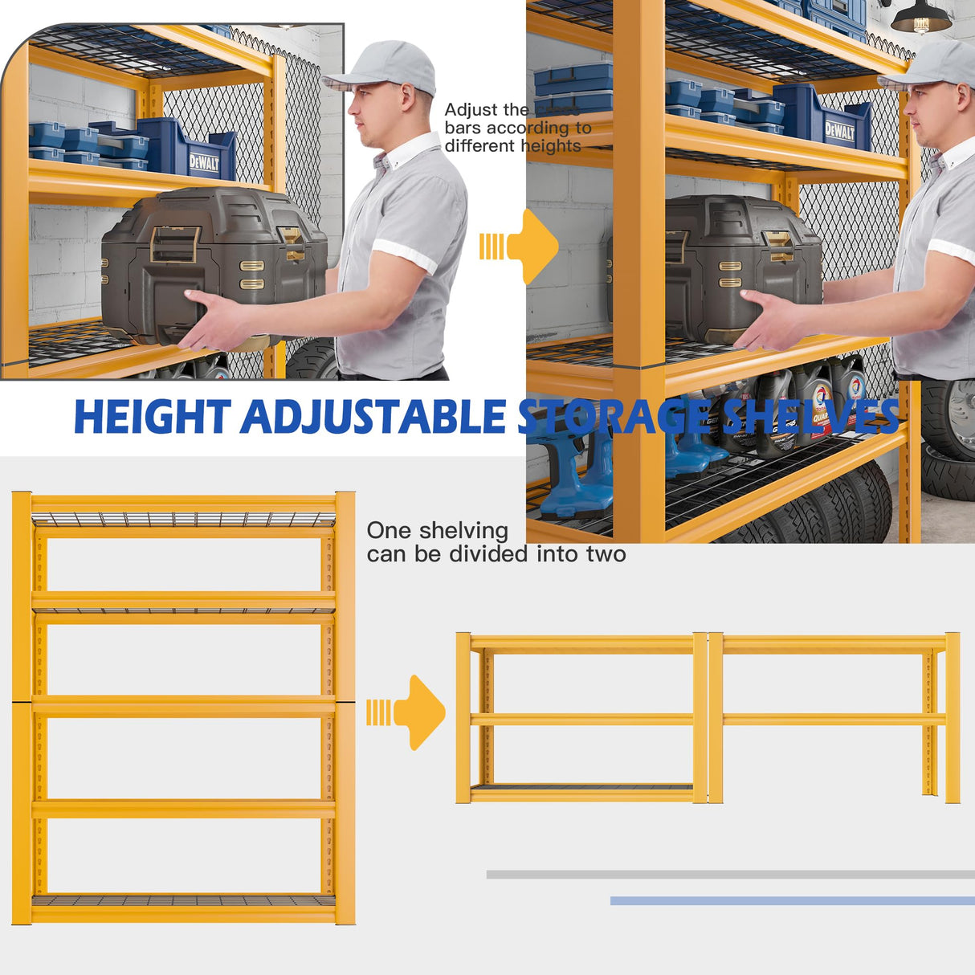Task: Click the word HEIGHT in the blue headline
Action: (153, 418)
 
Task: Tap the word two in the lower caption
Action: (607, 554)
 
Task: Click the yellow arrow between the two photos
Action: (522, 247)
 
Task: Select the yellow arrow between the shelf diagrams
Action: (410, 712)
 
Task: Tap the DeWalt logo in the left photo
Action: (204, 163)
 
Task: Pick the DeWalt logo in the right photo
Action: (839, 131)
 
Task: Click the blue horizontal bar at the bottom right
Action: (792, 901)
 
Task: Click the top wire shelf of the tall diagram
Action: (183, 519)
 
